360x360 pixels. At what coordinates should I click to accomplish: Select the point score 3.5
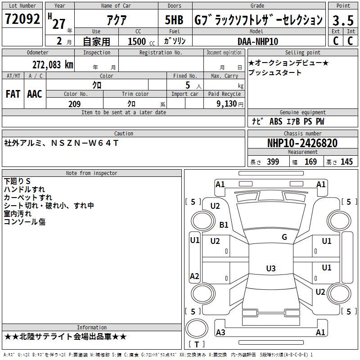point(343,20)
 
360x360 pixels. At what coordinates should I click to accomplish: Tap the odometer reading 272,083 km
point(53,65)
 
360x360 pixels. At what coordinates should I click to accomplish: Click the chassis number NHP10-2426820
point(302,143)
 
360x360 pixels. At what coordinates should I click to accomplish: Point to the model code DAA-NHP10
point(257,41)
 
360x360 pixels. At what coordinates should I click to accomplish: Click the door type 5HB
point(174,20)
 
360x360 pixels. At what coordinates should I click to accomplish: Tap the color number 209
point(74,104)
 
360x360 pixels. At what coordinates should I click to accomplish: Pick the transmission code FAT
point(13,94)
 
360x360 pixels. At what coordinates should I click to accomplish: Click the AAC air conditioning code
point(35,94)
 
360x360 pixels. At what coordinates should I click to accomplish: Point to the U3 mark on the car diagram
point(271,269)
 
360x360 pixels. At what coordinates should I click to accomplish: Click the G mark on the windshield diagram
point(284,237)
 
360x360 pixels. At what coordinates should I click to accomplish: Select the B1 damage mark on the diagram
point(224,225)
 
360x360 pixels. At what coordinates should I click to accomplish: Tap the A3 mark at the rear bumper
point(220,333)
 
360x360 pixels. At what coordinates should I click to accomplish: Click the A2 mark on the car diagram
point(194,276)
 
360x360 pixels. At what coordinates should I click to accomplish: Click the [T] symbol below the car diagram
point(197,345)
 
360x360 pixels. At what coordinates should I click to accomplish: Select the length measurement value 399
point(273,162)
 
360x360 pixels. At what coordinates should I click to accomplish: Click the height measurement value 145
point(346,162)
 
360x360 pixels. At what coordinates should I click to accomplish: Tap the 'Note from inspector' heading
point(91,173)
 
